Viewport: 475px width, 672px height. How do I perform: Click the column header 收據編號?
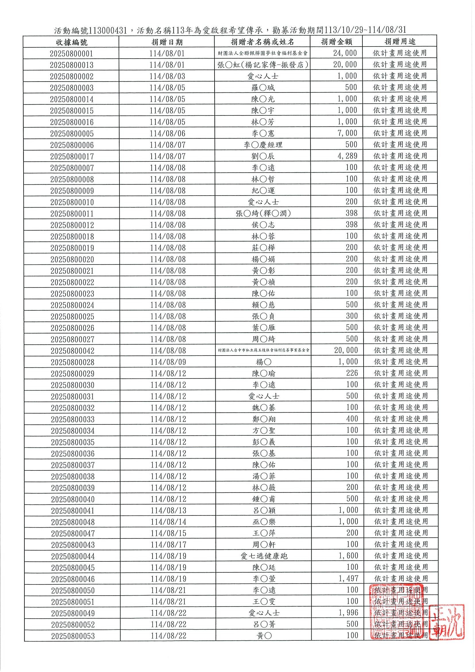[72, 42]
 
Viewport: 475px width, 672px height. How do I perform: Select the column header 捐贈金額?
[336, 42]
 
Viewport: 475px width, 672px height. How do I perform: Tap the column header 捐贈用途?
[400, 42]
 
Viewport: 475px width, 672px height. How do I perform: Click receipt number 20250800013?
[72, 65]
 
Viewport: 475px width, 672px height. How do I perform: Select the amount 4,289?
[347, 156]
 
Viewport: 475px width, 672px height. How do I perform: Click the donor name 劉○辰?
[262, 156]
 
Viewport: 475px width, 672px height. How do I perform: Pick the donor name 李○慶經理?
[262, 145]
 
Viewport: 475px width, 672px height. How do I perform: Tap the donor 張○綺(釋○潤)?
[263, 213]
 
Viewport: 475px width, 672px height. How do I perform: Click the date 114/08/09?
[168, 362]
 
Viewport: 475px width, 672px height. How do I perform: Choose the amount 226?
[352, 373]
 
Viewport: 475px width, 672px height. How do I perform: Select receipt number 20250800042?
[73, 351]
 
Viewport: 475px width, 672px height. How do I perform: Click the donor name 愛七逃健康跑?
[263, 556]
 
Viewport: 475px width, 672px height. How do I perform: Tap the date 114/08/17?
[168, 545]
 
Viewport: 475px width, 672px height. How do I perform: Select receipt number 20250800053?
[73, 636]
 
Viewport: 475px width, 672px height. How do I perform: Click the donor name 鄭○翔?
[264, 419]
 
